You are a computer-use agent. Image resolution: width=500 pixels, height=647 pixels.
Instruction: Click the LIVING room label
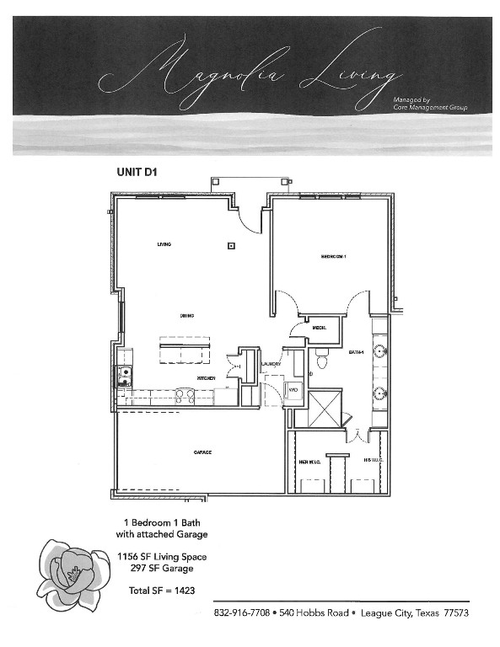(x=164, y=244)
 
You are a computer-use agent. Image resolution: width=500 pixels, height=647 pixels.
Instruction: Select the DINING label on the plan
(x=187, y=316)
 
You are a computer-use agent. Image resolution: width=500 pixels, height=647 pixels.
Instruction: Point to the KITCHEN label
(x=207, y=378)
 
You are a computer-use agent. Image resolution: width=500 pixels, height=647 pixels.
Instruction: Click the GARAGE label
(x=202, y=452)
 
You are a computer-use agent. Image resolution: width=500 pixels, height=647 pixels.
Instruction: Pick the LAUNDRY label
(x=271, y=364)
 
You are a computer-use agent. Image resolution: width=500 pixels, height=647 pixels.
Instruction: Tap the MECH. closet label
(x=320, y=327)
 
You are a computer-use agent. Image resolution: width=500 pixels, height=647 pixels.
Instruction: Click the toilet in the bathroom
(x=320, y=360)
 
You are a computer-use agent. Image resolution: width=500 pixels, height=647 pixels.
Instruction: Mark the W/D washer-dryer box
(x=293, y=391)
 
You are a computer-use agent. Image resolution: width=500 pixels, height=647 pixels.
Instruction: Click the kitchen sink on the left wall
(x=125, y=375)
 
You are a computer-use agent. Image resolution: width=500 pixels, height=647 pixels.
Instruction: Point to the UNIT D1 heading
(x=137, y=171)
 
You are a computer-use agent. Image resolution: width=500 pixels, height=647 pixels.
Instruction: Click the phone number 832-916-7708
(x=241, y=612)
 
